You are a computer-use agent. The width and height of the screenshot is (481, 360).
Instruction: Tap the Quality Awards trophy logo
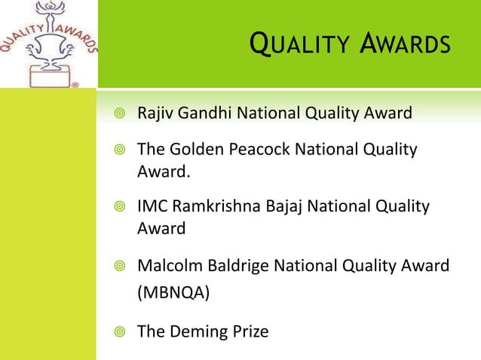pos(48,45)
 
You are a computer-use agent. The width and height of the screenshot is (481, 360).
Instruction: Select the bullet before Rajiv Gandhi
pos(118,114)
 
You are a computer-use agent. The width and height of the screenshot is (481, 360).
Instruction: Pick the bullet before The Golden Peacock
pos(118,150)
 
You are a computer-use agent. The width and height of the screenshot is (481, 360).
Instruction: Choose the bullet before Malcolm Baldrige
pos(118,266)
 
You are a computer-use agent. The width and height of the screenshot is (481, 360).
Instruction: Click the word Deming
pos(200,331)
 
